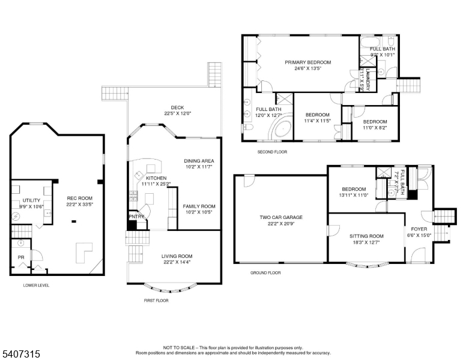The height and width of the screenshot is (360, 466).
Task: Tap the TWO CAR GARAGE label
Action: pyautogui.click(x=280, y=217)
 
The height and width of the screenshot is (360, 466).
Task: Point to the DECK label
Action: pyautogui.click(x=177, y=107)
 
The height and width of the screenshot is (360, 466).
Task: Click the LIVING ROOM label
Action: pyautogui.click(x=177, y=256)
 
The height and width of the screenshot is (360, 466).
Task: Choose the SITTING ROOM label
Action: pyautogui.click(x=366, y=236)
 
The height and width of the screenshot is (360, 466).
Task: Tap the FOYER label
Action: pyautogui.click(x=419, y=229)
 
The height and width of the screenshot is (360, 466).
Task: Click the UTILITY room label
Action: pyautogui.click(x=31, y=200)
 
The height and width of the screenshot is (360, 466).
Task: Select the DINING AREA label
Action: pyautogui.click(x=199, y=161)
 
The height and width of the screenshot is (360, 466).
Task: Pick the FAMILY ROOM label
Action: pyautogui.click(x=199, y=206)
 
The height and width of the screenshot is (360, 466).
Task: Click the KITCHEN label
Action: pyautogui.click(x=156, y=178)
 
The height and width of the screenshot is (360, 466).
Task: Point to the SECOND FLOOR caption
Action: pyautogui.click(x=272, y=152)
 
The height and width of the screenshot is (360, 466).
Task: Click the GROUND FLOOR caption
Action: pyautogui.click(x=265, y=272)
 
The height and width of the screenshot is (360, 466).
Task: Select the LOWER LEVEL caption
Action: pyautogui.click(x=36, y=285)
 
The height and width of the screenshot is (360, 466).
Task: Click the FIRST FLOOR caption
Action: pyautogui.click(x=156, y=300)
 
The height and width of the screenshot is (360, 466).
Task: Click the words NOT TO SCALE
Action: pyautogui.click(x=180, y=347)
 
